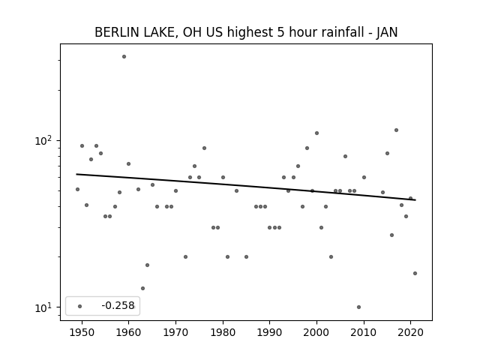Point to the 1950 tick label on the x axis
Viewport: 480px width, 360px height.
[82, 332]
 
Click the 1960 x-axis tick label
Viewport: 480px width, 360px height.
[128, 332]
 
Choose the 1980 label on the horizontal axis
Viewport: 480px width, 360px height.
[223, 332]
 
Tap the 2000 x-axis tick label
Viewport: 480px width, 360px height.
[316, 332]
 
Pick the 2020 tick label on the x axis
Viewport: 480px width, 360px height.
[410, 332]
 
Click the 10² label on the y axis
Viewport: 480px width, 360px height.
[44, 140]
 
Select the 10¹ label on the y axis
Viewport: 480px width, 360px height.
[44, 307]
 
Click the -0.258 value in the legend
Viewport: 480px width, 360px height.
[118, 305]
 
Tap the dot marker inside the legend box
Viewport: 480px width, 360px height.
[80, 306]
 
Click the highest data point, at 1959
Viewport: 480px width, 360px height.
[124, 57]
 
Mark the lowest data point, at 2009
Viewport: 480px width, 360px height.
[358, 307]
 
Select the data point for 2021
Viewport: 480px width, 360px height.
[415, 273]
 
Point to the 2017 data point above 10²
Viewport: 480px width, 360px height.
[397, 130]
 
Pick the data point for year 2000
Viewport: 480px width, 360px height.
[316, 133]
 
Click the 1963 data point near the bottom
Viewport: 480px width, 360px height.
[142, 288]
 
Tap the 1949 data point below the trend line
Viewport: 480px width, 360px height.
[77, 190]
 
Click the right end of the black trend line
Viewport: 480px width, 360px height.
[415, 200]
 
